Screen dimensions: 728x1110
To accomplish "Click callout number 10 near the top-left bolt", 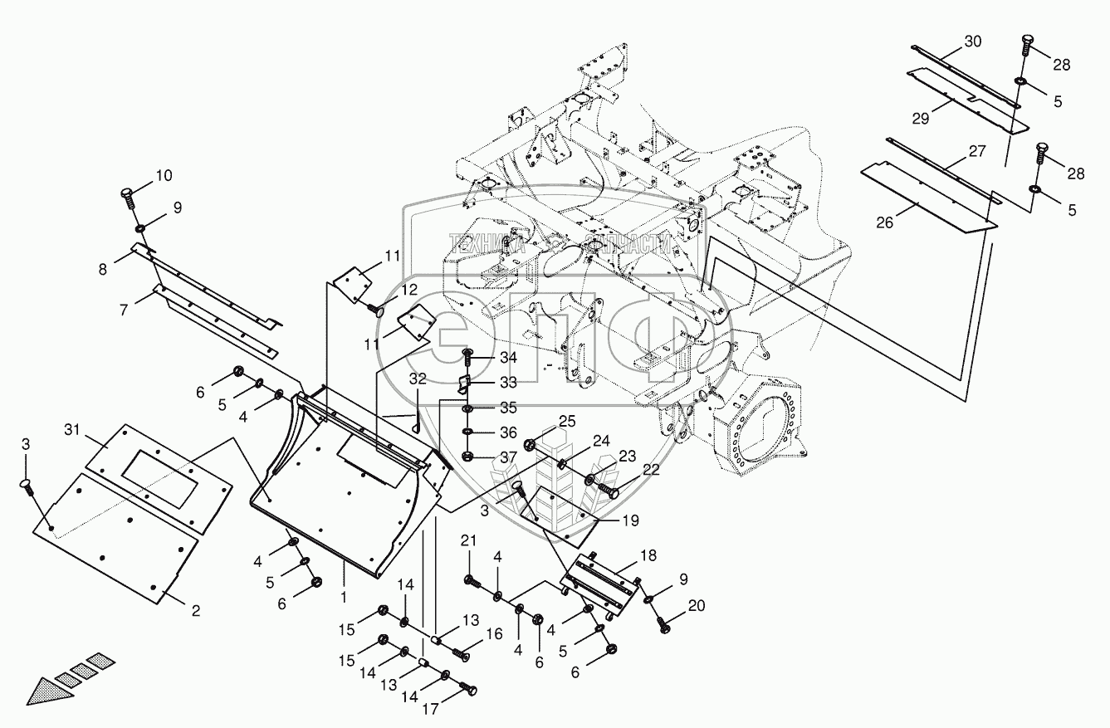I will point(163,175).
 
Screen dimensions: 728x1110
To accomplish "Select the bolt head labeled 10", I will point(127,195).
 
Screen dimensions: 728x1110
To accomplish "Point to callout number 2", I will point(196,612).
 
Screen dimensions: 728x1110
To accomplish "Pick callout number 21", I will point(470,542).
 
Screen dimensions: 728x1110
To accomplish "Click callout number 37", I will point(507,457).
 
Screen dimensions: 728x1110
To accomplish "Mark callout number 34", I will point(507,358).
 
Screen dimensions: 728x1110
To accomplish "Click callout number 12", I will point(409,289).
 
